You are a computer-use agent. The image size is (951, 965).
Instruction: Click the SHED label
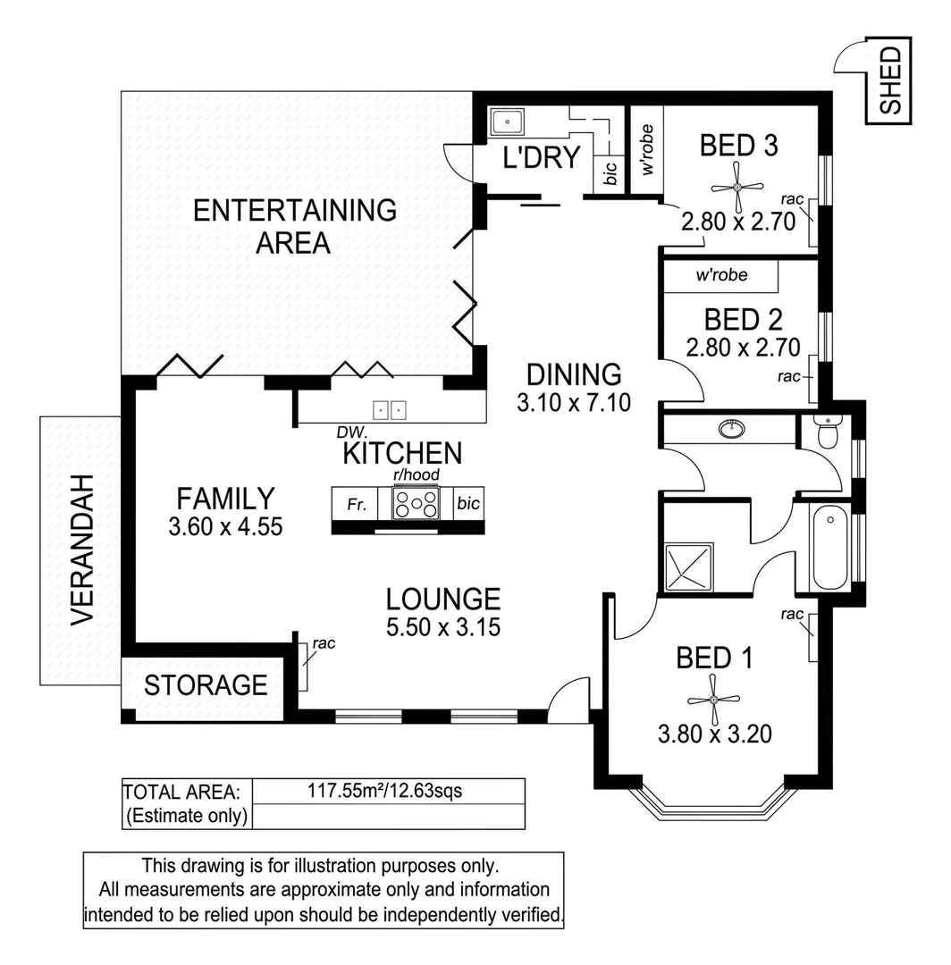pyautogui.click(x=889, y=80)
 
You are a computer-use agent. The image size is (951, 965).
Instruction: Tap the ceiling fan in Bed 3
pyautogui.click(x=737, y=187)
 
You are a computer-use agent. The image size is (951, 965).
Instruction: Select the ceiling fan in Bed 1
pyautogui.click(x=714, y=698)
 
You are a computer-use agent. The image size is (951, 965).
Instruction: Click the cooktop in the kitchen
pyautogui.click(x=417, y=504)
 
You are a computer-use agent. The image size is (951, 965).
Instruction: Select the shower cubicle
pyautogui.click(x=689, y=566)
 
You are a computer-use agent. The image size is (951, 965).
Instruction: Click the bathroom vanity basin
pyautogui.click(x=733, y=431)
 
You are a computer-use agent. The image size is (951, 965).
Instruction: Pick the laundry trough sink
pyautogui.click(x=508, y=120)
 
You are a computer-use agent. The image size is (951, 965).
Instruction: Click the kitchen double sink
pyautogui.click(x=390, y=410)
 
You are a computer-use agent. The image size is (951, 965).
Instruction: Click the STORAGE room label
pyautogui.click(x=206, y=685)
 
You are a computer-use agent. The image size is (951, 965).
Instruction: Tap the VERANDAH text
pyautogui.click(x=82, y=550)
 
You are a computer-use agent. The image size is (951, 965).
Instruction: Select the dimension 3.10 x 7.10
pyautogui.click(x=574, y=403)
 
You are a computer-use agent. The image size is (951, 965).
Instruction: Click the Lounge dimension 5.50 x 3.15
pyautogui.click(x=442, y=627)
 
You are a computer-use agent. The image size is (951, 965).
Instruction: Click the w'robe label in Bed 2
pyautogui.click(x=721, y=275)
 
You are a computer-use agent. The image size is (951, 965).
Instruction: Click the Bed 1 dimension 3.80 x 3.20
pyautogui.click(x=714, y=734)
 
